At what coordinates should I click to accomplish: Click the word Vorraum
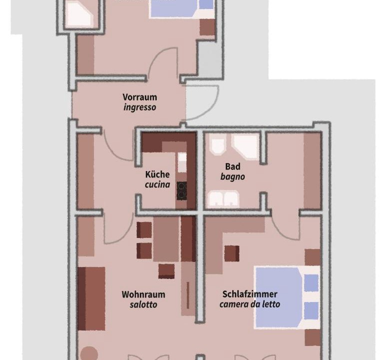(x=140, y=97)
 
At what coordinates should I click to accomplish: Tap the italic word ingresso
(x=140, y=107)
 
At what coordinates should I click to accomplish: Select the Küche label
(x=157, y=174)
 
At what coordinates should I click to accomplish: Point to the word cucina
(x=157, y=184)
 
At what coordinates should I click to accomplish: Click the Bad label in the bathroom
(x=233, y=166)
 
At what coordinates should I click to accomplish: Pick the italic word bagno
(x=233, y=176)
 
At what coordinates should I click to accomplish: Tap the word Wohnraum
(x=143, y=294)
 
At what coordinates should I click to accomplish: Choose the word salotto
(x=143, y=304)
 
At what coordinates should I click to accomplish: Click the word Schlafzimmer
(x=250, y=294)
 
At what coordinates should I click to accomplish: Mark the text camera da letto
(x=250, y=304)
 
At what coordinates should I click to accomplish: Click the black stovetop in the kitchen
(x=181, y=191)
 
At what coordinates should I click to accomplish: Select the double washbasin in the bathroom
(x=223, y=199)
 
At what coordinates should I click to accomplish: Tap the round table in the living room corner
(x=89, y=353)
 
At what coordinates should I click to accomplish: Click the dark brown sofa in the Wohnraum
(x=91, y=298)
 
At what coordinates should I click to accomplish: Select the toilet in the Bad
(x=218, y=146)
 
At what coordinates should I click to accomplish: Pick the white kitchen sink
(x=182, y=162)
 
